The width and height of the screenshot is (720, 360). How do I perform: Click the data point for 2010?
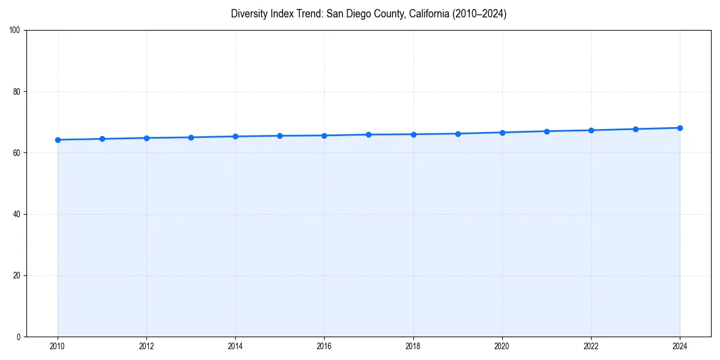pyautogui.click(x=58, y=140)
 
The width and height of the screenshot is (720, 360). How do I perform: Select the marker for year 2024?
pyautogui.click(x=680, y=128)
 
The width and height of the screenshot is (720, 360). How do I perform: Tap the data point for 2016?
pyautogui.click(x=324, y=136)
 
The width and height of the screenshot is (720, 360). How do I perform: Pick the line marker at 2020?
pyautogui.click(x=502, y=133)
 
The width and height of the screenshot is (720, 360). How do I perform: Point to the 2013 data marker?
pyautogui.click(x=191, y=137)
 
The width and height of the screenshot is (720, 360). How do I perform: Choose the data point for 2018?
pyautogui.click(x=413, y=134)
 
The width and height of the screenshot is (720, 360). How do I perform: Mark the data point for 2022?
pyautogui.click(x=591, y=130)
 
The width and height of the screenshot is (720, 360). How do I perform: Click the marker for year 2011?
pyautogui.click(x=102, y=139)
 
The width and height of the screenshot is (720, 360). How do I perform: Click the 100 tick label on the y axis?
pyautogui.click(x=15, y=31)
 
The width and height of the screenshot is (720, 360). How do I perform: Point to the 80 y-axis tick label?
pyautogui.click(x=17, y=92)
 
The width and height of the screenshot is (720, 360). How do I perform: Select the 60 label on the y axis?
pyautogui.click(x=17, y=153)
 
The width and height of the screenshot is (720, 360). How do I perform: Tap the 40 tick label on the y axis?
pyautogui.click(x=17, y=214)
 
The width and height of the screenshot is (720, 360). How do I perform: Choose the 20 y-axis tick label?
pyautogui.click(x=17, y=275)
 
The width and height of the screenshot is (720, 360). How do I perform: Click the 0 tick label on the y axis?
pyautogui.click(x=19, y=337)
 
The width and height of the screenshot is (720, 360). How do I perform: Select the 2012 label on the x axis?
pyautogui.click(x=146, y=346)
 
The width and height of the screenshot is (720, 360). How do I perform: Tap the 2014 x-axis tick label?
pyautogui.click(x=235, y=346)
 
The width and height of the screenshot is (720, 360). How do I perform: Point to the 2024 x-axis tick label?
pyautogui.click(x=680, y=346)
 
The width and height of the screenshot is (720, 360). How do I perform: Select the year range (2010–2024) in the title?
pyautogui.click(x=480, y=14)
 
